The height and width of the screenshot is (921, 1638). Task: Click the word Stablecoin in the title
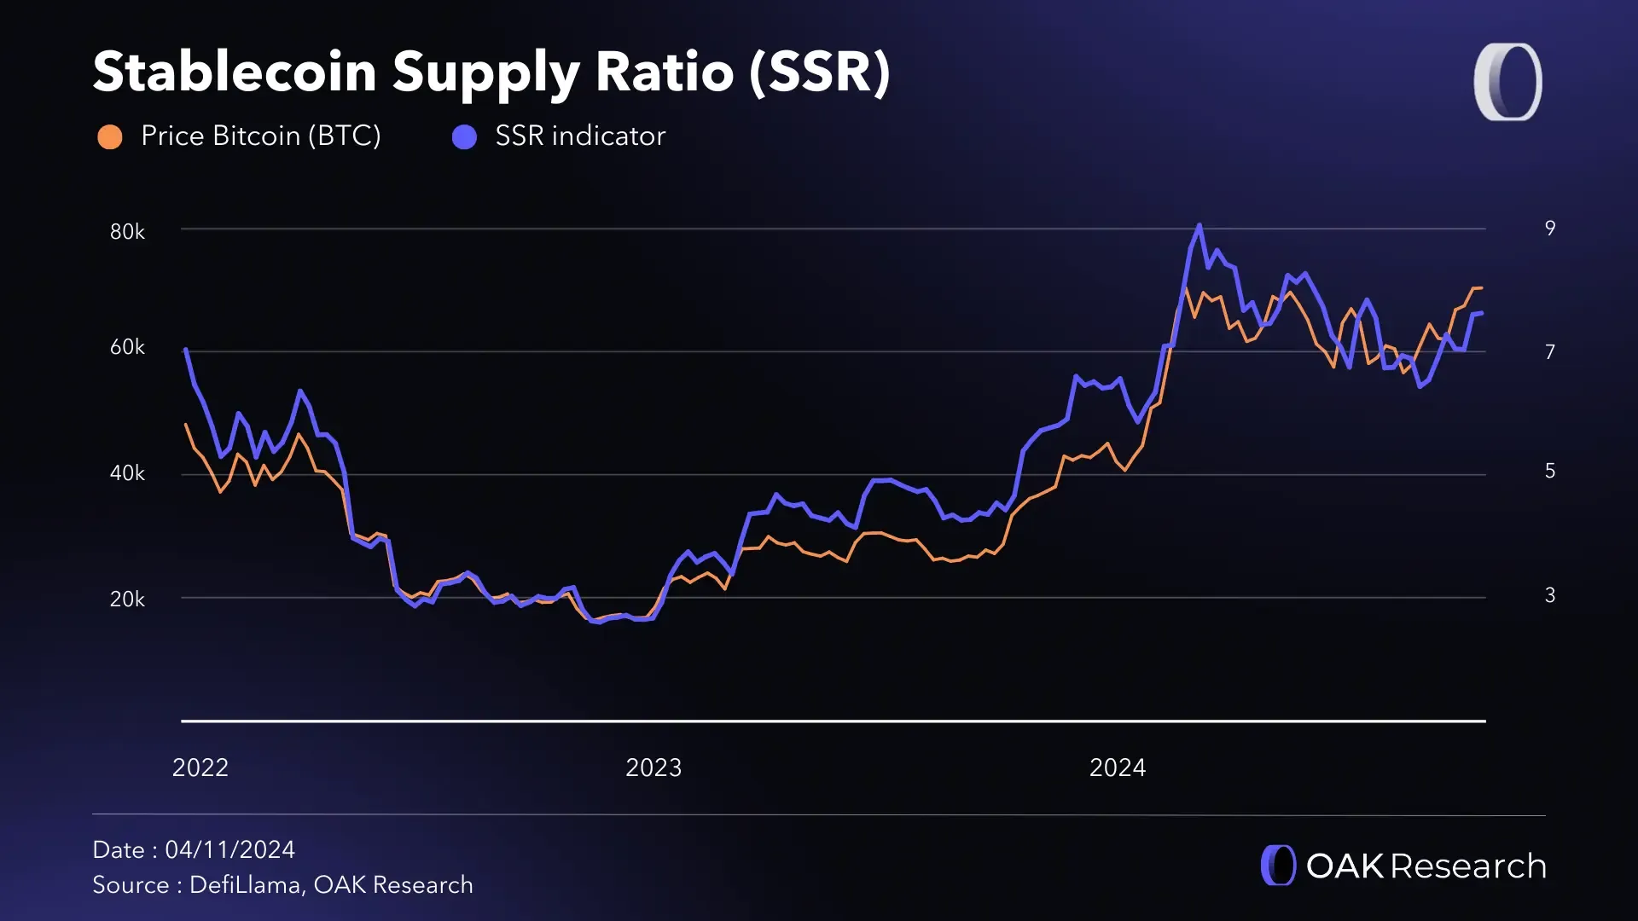[x=235, y=72]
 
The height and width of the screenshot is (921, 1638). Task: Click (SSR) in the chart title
[x=819, y=72]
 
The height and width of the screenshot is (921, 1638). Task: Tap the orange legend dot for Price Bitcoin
[x=110, y=136]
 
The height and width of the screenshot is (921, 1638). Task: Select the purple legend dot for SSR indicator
[x=464, y=136]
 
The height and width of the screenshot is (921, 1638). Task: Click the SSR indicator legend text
[x=580, y=136]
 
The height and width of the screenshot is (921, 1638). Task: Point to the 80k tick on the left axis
[x=127, y=232]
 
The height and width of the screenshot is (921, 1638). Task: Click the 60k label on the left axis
[x=127, y=348]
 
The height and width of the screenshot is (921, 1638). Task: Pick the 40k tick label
[x=127, y=473]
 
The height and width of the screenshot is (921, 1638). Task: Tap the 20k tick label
[x=127, y=600]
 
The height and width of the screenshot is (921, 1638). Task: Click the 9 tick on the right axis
[x=1550, y=229]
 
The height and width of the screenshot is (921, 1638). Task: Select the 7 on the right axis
[x=1550, y=352]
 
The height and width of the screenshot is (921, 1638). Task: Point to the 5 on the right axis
[x=1550, y=472]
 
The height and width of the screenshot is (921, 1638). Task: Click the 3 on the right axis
[x=1550, y=595]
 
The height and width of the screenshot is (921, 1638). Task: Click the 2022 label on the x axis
[x=200, y=768]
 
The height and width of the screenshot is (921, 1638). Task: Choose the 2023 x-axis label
[x=653, y=768]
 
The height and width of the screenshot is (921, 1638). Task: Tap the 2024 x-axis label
[x=1118, y=768]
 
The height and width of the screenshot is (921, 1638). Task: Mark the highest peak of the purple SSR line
[x=1199, y=226]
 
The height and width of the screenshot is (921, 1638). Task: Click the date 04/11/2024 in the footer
[x=229, y=850]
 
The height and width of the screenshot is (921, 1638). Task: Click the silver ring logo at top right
[x=1508, y=82]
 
